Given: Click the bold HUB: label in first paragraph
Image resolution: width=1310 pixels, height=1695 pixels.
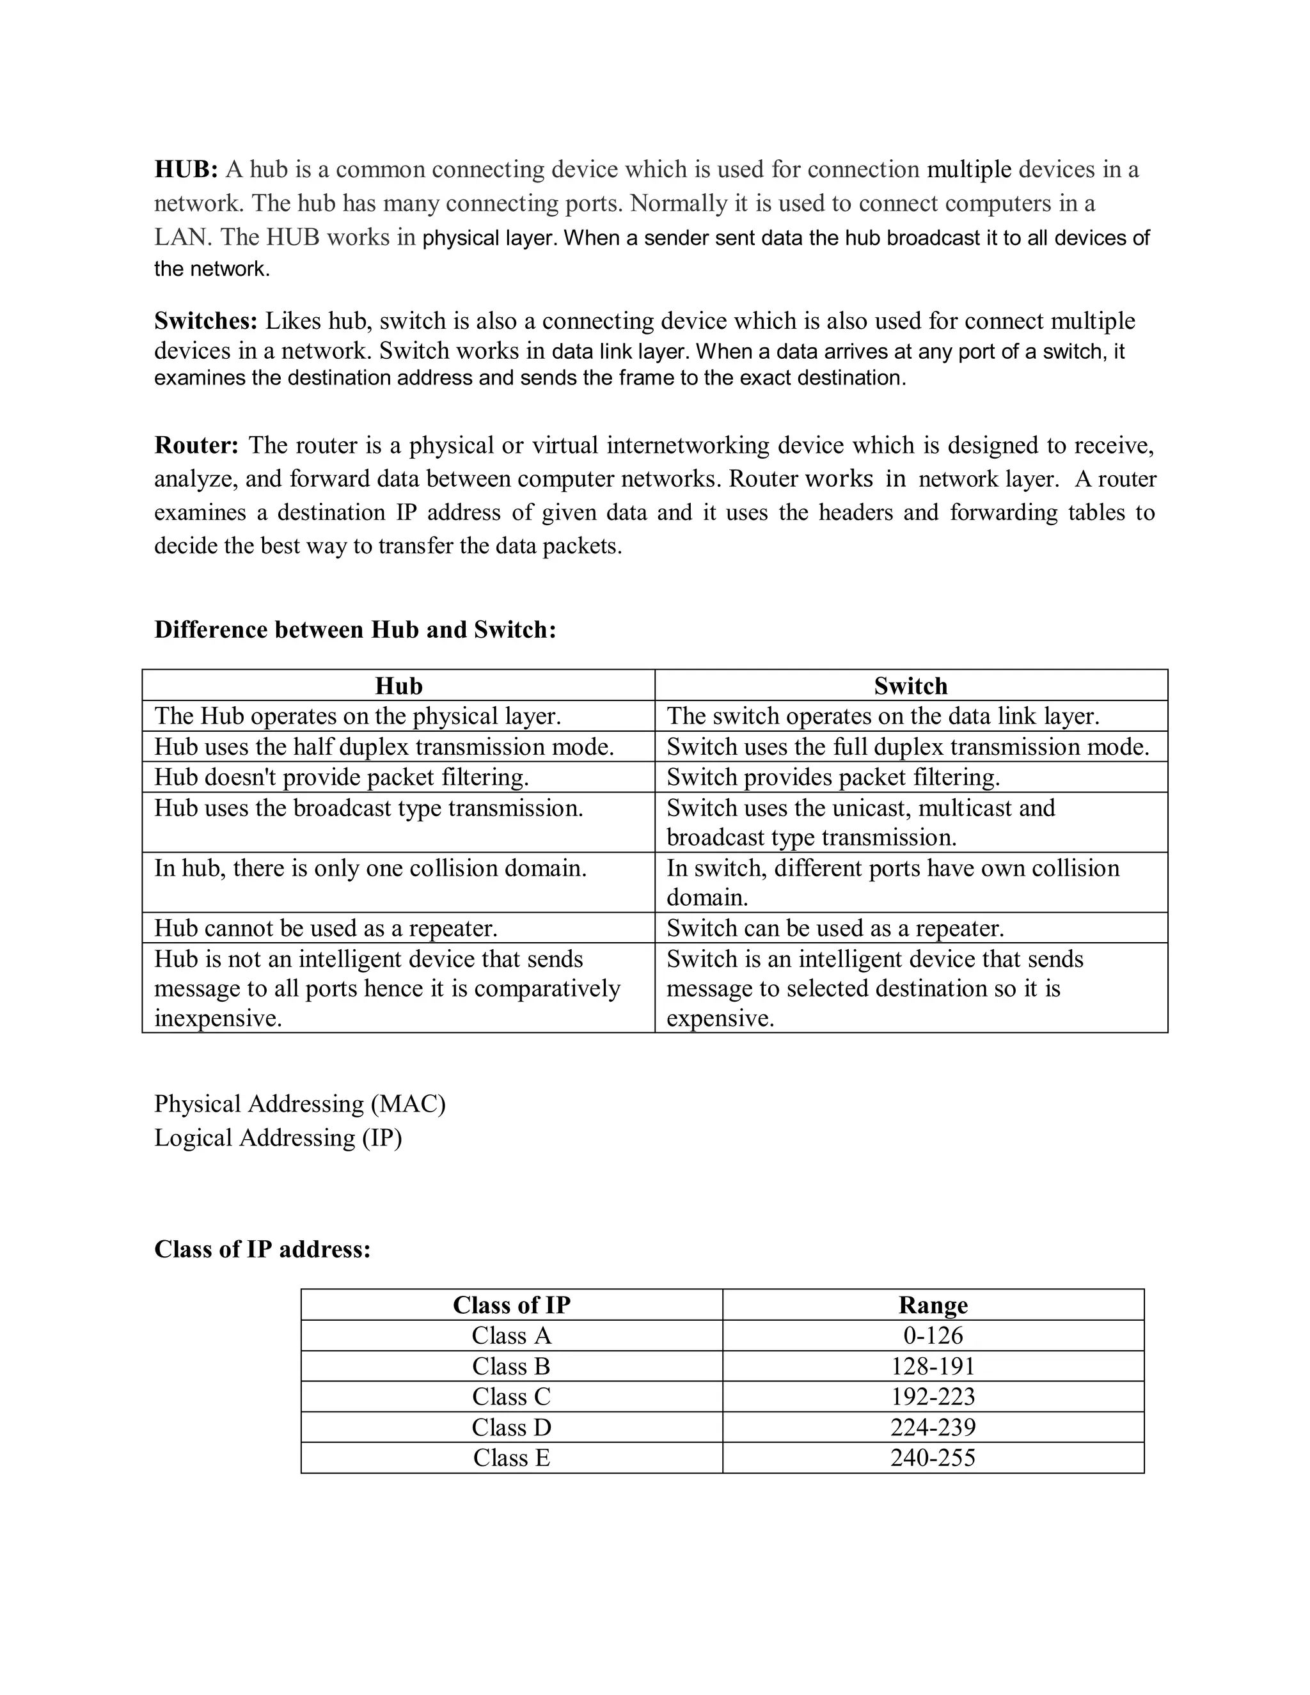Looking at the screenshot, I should coord(186,169).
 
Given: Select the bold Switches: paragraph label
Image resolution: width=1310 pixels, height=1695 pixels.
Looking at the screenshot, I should coord(206,320).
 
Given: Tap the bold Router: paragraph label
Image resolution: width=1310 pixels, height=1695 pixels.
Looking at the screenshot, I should coord(196,445).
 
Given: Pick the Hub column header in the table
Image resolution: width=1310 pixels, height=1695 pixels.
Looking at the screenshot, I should coord(398,686).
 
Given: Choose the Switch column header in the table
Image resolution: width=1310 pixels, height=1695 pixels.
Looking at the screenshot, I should coord(910,686).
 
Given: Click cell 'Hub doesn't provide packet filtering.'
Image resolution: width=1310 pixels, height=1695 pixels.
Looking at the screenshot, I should coord(342,777).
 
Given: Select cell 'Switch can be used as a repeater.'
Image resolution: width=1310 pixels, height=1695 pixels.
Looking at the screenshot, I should coord(835,928).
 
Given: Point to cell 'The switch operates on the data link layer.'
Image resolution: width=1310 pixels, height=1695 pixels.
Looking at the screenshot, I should coord(882,716).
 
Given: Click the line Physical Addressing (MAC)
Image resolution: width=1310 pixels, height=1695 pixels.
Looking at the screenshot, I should coord(299,1103).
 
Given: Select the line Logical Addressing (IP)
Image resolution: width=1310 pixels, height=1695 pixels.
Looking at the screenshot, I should coord(278,1138).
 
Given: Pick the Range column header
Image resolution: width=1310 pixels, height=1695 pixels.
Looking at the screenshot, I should coord(933,1305).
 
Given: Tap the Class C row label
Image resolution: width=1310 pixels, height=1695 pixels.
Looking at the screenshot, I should coord(512,1397).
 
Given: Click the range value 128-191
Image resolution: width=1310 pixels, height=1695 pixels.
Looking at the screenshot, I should coord(933,1367).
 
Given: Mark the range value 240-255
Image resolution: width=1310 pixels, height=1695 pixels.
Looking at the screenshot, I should coord(933,1458).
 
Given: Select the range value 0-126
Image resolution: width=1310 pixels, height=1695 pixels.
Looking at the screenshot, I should coord(933,1336).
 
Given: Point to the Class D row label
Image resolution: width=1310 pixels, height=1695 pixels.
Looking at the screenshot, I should coord(512,1427).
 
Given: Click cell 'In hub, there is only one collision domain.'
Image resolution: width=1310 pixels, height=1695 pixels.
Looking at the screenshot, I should coord(370,868).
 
